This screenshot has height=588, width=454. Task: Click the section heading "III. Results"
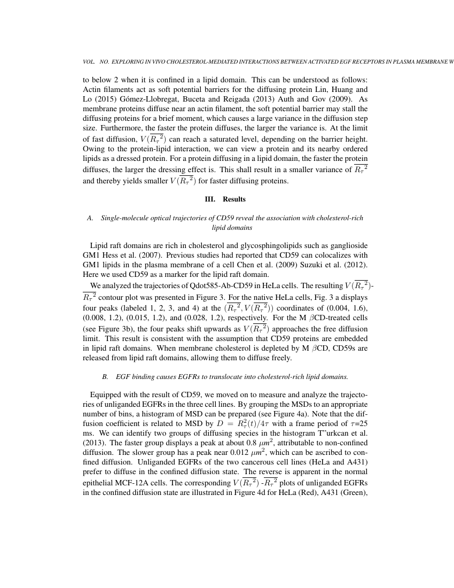pos(225,199)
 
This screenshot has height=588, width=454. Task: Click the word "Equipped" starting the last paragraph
pos(105,396)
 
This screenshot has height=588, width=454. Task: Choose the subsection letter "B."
pos(105,377)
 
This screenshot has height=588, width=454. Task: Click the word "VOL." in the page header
pos(88,62)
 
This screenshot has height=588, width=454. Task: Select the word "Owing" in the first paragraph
pos(93,149)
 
